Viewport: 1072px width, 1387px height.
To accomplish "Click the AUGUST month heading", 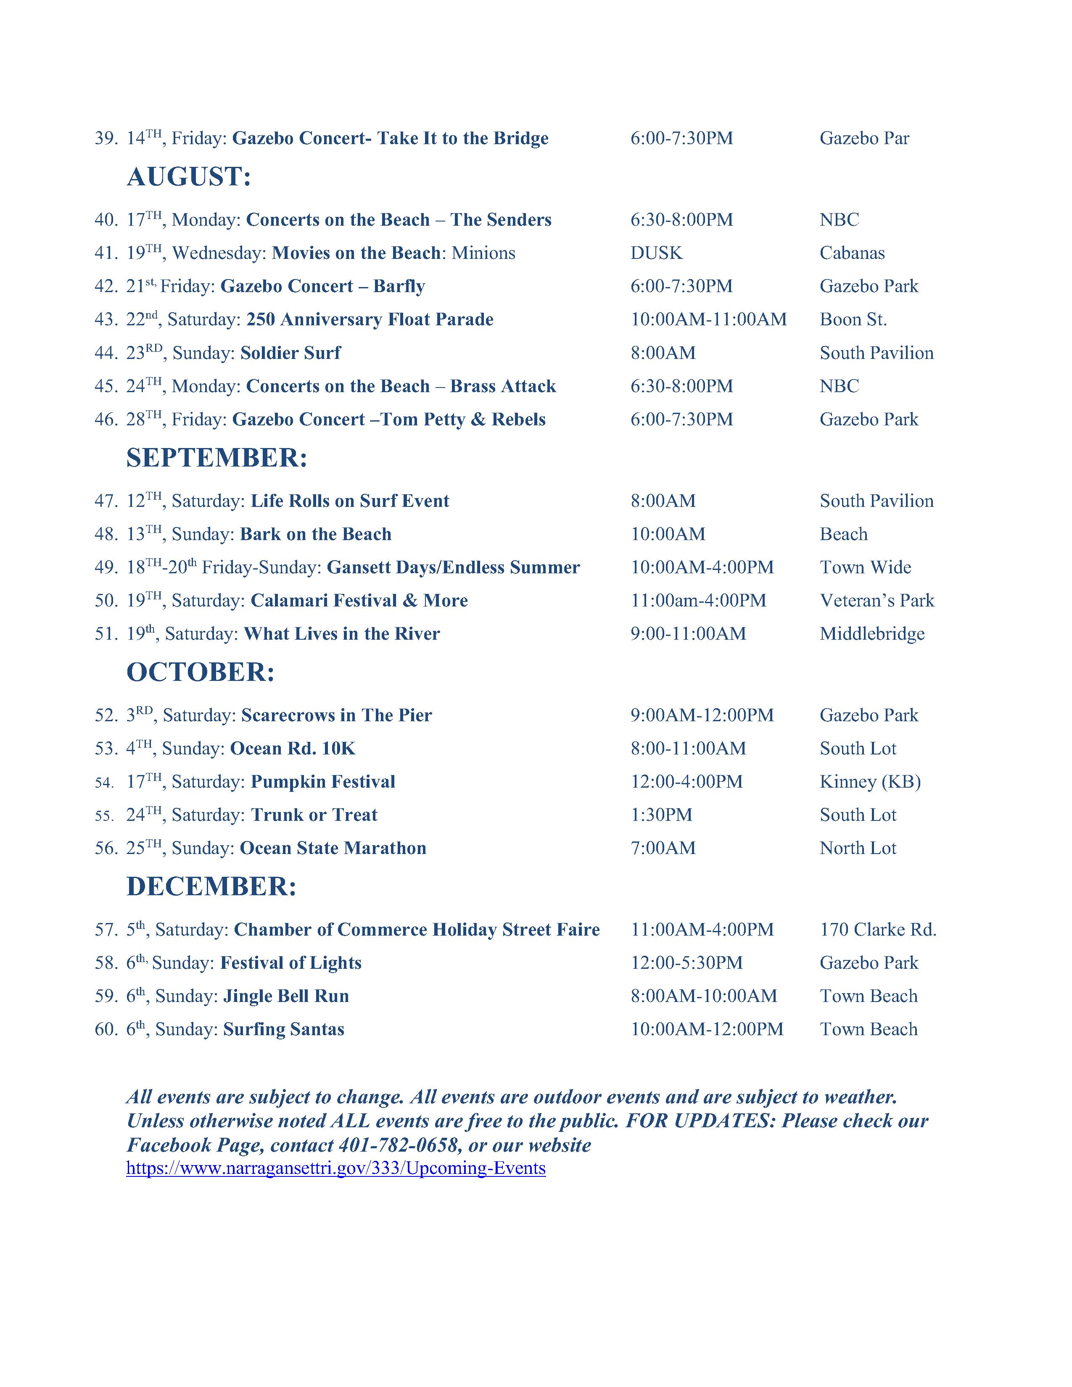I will [x=189, y=177].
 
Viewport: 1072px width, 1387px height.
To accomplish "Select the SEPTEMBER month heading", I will [x=217, y=458].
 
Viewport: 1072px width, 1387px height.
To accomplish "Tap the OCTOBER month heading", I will [x=201, y=672].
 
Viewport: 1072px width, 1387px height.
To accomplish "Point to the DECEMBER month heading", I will [x=211, y=886].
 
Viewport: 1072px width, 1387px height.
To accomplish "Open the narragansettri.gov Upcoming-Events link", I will [x=336, y=1168].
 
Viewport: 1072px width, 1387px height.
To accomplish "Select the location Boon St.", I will [x=853, y=319].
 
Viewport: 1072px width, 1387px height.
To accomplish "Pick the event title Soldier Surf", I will [x=290, y=353].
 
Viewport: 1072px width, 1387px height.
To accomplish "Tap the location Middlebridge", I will [x=872, y=634].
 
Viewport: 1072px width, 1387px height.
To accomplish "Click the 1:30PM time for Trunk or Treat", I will [x=661, y=815].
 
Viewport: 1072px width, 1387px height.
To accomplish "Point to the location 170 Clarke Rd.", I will [x=878, y=930].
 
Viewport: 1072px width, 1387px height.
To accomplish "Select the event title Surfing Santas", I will [x=283, y=1029].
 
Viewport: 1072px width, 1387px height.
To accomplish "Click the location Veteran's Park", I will [x=877, y=601].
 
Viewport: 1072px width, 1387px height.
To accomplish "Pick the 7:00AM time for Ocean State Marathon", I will [x=663, y=849].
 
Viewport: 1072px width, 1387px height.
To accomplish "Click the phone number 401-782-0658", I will [x=398, y=1145].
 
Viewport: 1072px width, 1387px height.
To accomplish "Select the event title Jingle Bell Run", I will [x=286, y=997].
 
